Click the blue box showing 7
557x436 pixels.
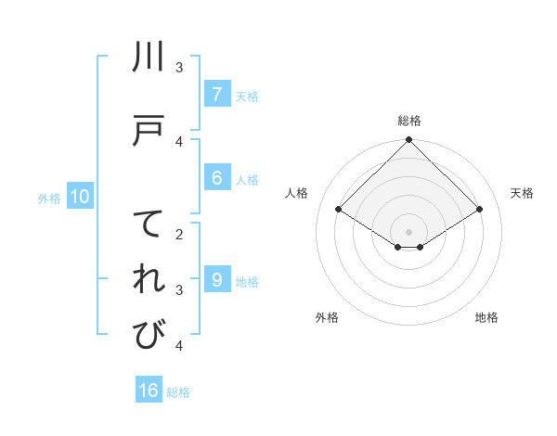tap(216, 95)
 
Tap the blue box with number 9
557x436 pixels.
tap(216, 280)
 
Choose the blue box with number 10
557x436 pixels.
tap(80, 197)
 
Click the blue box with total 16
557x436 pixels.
tap(149, 391)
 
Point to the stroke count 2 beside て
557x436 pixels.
tap(179, 235)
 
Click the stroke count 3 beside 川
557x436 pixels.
tap(179, 68)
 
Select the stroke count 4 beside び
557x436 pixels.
tap(179, 346)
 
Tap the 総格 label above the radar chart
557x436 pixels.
tap(409, 121)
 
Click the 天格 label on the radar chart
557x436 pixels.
tap(522, 193)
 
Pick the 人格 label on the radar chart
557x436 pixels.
tap(297, 193)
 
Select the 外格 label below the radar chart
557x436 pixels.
tap(327, 317)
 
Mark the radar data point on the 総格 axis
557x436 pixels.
tap(409, 141)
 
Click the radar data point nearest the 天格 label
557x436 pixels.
tap(480, 210)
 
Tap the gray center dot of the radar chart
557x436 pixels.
tap(409, 231)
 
